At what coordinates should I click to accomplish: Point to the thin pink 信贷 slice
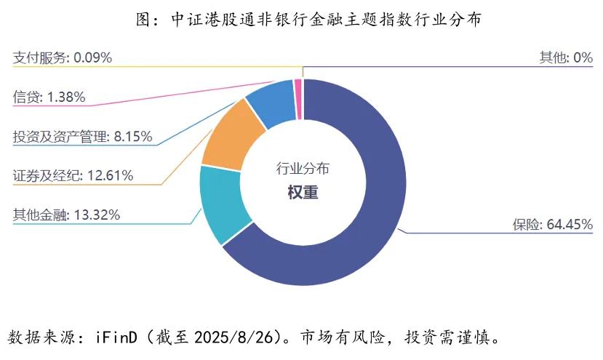pyautogui.click(x=298, y=89)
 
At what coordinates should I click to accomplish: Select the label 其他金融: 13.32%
pyautogui.click(x=66, y=215)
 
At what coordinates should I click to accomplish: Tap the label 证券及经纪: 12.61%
pyautogui.click(x=73, y=175)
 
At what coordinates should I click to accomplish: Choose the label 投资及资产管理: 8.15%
pyautogui.click(x=82, y=136)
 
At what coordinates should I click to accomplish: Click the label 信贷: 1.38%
pyautogui.click(x=49, y=97)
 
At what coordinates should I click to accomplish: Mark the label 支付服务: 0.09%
pyautogui.click(x=63, y=57)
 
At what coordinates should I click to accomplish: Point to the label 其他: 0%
pyautogui.click(x=565, y=57)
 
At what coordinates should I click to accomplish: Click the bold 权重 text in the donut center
pyautogui.click(x=303, y=193)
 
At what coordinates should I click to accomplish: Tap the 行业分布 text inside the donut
pyautogui.click(x=303, y=169)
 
